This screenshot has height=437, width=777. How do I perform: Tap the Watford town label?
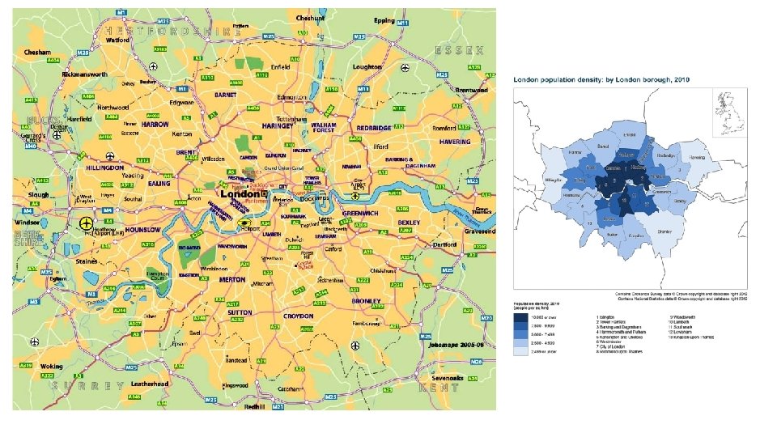pos(117,39)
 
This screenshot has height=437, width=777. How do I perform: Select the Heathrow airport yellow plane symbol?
pos(87,223)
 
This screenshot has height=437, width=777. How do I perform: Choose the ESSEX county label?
pos(459,50)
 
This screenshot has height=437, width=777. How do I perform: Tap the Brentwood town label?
pos(471,90)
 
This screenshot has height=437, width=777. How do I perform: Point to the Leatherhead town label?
pos(150,384)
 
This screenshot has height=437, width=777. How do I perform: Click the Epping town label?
pos(384,20)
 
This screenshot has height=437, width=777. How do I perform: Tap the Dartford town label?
pos(445,244)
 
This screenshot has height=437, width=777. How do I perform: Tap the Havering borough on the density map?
pos(691,157)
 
